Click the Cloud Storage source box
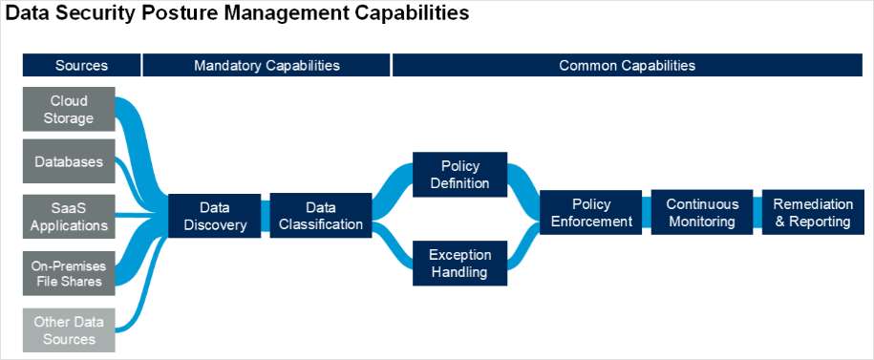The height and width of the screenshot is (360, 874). (x=69, y=110)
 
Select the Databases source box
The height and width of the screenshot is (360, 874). (x=69, y=161)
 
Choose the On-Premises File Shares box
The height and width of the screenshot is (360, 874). (x=69, y=272)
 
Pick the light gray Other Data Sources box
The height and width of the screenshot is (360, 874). (x=69, y=329)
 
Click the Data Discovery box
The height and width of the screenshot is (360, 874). (x=215, y=216)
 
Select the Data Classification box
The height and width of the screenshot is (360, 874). (x=320, y=216)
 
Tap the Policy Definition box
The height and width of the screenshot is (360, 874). (x=459, y=174)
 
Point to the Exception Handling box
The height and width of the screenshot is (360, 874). (x=459, y=263)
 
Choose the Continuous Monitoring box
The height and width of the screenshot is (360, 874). (x=702, y=213)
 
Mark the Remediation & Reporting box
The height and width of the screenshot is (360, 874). (x=811, y=213)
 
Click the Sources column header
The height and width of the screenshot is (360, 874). (x=81, y=65)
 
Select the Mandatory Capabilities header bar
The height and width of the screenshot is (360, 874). (x=266, y=65)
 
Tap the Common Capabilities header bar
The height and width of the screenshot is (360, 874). (x=627, y=65)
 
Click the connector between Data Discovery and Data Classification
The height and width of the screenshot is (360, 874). (x=266, y=216)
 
